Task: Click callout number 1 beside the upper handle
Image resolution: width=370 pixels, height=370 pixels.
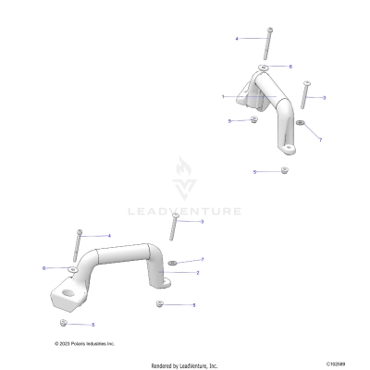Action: click(x=223, y=96)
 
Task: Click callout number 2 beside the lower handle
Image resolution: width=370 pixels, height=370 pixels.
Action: click(x=196, y=273)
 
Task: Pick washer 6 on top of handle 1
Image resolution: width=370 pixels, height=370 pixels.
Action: click(x=266, y=68)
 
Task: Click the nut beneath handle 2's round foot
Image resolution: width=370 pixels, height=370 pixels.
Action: click(x=160, y=303)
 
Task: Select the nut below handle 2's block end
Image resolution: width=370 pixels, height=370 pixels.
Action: click(x=62, y=323)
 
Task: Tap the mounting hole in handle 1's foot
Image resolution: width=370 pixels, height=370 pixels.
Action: click(x=289, y=149)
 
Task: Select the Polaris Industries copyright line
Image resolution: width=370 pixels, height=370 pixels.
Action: click(x=85, y=343)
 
